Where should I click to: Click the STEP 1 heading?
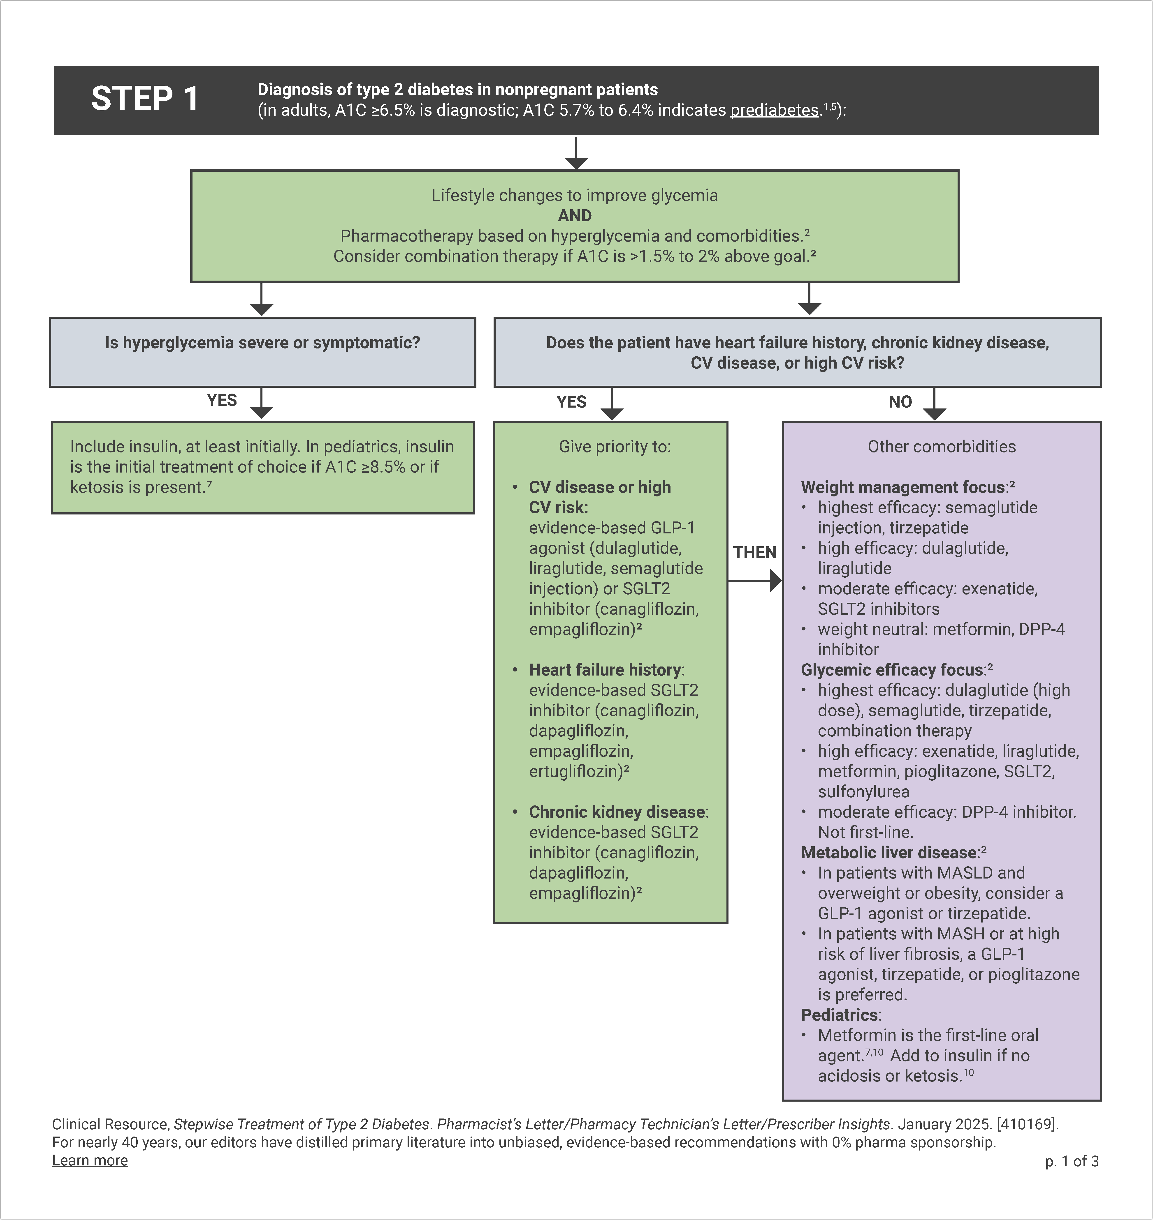coord(145,99)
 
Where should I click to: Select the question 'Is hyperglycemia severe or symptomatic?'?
coord(262,343)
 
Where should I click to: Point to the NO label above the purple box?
coord(900,402)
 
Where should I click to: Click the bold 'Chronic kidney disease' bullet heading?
coord(617,812)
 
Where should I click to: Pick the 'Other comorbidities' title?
coord(941,447)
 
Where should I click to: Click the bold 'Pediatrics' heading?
coord(840,1015)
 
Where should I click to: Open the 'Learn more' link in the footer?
coord(90,1160)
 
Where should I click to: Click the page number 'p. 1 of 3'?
coord(1071,1161)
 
